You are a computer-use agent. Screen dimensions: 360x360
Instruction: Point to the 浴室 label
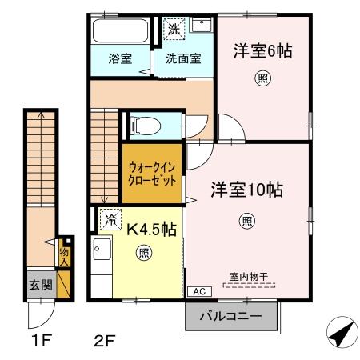[119, 58]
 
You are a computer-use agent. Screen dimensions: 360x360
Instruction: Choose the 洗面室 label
[183, 58]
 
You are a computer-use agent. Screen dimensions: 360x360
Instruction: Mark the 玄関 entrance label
[41, 285]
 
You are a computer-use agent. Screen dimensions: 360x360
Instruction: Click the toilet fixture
[145, 125]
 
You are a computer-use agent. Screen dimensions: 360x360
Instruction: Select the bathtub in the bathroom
[120, 32]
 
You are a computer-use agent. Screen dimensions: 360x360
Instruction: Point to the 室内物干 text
[249, 277]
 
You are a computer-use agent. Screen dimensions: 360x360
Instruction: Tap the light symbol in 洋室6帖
[262, 78]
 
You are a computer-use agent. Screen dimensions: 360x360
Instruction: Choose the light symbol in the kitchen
[145, 254]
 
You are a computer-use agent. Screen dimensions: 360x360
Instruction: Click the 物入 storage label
[65, 254]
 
